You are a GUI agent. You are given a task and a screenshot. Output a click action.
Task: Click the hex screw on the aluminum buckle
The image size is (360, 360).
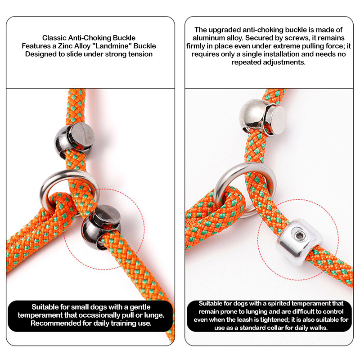click(x=298, y=235)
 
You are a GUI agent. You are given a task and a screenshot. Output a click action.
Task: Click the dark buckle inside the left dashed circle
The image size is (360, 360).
click(x=100, y=227)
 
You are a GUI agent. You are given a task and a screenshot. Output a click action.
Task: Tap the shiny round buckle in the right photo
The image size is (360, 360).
click(x=262, y=116)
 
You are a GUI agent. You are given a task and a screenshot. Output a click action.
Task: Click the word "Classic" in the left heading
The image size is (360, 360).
click(x=54, y=38)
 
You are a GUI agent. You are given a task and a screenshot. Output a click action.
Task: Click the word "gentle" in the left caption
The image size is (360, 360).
click(x=140, y=307)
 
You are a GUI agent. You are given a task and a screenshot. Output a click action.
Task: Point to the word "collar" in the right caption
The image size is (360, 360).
click(x=285, y=328)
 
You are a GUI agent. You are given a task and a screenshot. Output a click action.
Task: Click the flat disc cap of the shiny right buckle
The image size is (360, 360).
click(x=278, y=120)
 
